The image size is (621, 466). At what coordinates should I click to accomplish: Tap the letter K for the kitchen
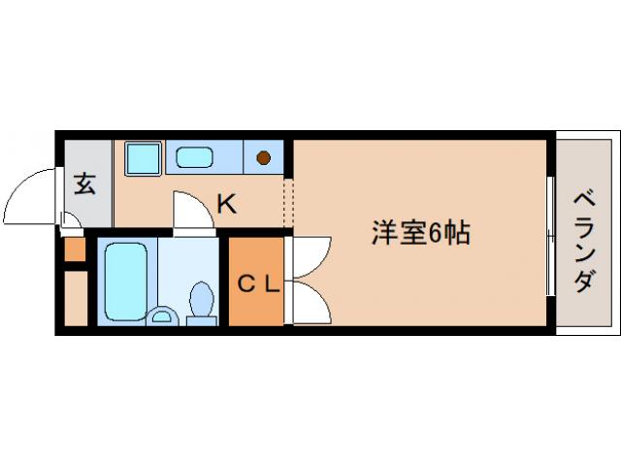[226, 204]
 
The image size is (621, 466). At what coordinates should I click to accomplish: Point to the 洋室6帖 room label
[421, 233]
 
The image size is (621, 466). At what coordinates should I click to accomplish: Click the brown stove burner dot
[263, 155]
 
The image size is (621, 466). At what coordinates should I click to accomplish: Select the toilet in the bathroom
[204, 301]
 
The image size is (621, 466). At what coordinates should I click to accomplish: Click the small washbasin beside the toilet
[164, 316]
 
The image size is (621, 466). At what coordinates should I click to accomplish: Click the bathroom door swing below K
[192, 212]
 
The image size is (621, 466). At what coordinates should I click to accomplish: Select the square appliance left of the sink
[144, 157]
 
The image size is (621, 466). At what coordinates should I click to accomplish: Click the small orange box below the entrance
[75, 250]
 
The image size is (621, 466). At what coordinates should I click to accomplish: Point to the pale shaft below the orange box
[75, 299]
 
